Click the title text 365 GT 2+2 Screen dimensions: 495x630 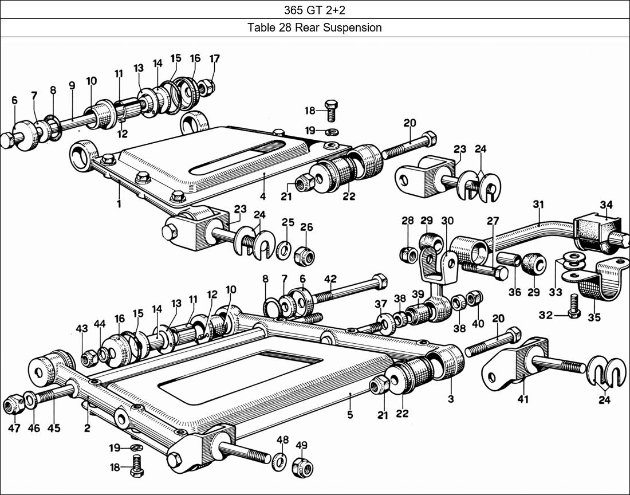coord(314,10)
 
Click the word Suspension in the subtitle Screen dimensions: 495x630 coord(353,27)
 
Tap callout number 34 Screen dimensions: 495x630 coord(607,205)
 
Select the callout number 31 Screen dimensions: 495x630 coord(538,205)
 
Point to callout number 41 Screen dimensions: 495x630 coord(523,399)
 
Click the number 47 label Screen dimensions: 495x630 coord(14,428)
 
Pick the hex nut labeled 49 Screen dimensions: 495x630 coord(301,467)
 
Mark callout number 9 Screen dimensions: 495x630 coord(72,85)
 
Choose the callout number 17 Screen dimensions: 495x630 coord(214,58)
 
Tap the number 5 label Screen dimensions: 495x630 coord(350,414)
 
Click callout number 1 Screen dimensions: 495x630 coord(119,203)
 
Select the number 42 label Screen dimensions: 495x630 coord(330,279)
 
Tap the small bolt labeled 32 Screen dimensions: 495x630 coord(573,309)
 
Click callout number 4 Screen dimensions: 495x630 coord(263,197)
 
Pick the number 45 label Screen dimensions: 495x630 coord(54,428)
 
